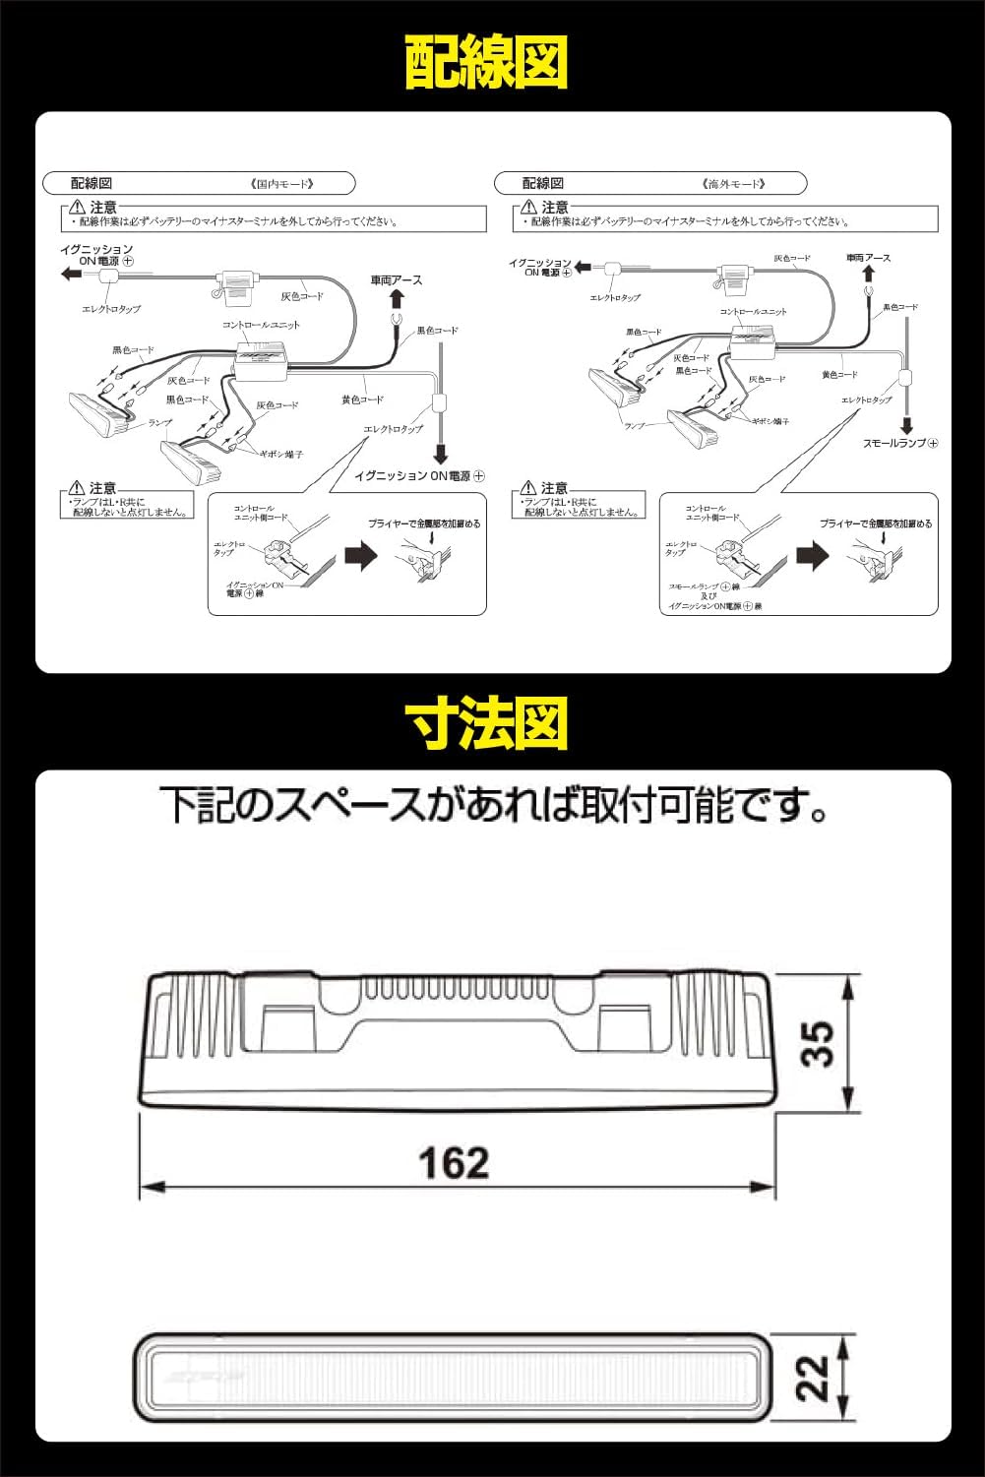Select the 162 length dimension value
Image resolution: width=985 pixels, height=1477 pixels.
(x=454, y=1163)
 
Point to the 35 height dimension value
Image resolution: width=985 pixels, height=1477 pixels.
(x=819, y=1043)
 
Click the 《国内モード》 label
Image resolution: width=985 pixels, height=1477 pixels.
(x=281, y=184)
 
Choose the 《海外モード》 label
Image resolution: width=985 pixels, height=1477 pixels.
(x=734, y=184)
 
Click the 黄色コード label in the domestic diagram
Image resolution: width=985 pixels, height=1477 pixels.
(x=362, y=400)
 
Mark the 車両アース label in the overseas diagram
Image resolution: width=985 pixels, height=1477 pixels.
(x=869, y=258)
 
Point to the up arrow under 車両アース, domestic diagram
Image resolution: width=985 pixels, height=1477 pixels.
(x=397, y=298)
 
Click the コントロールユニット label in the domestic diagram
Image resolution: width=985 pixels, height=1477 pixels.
(x=261, y=325)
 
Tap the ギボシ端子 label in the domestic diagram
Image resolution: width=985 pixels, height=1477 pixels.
(x=281, y=454)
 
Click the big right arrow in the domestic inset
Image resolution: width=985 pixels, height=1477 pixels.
(x=362, y=556)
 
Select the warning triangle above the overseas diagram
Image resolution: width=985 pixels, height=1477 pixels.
(x=528, y=208)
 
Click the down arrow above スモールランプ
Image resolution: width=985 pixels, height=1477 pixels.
(x=906, y=425)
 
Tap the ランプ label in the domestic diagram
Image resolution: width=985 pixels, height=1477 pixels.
(x=160, y=422)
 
